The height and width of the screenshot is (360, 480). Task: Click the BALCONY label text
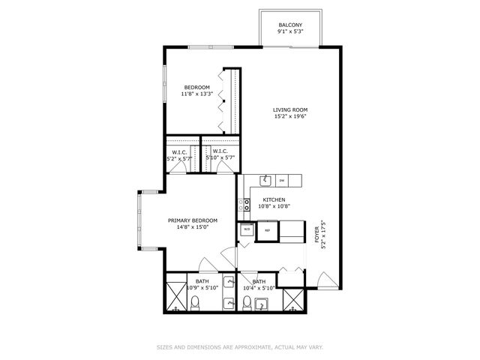290,25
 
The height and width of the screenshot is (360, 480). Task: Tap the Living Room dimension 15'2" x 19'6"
289,117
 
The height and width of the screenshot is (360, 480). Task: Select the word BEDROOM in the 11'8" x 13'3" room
197,88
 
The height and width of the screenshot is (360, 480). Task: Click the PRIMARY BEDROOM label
192,220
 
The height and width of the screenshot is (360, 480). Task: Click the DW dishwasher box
282,181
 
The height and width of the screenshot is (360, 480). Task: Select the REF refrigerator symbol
267,231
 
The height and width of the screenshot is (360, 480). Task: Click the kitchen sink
265,181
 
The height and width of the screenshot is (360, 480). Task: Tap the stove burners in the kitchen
243,202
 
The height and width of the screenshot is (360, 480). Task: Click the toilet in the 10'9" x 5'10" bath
194,303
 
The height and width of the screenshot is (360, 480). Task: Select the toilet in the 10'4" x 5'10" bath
247,303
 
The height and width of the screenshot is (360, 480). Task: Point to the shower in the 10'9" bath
175,298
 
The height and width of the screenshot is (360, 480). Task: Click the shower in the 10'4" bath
295,298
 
